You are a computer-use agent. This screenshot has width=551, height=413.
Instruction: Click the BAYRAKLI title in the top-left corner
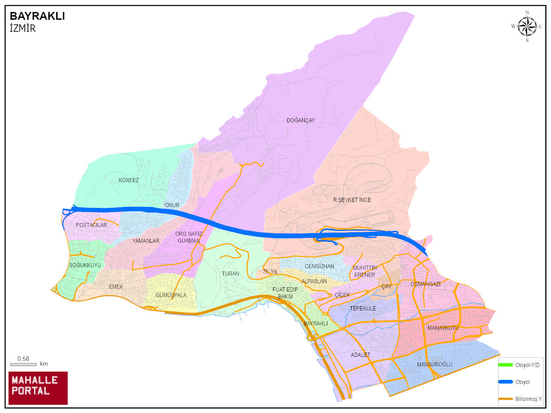[37, 17]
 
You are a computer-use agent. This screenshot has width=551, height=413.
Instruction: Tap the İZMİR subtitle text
[23, 28]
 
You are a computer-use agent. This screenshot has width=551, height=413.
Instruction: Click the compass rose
[527, 26]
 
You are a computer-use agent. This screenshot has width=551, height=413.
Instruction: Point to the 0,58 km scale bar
[23, 364]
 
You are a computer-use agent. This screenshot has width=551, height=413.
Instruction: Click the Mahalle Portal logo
[38, 388]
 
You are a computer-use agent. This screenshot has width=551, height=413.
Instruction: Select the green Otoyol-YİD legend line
[506, 365]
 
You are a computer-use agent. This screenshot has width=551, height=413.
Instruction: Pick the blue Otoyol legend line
[506, 382]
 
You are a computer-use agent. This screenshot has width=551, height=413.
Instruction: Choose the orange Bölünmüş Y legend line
[506, 398]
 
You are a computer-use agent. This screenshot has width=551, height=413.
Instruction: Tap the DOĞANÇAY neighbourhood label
[301, 120]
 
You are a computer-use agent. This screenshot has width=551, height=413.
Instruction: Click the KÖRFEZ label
[128, 180]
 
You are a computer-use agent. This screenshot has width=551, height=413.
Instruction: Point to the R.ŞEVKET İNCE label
[352, 200]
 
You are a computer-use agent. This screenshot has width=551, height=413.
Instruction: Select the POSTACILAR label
[91, 225]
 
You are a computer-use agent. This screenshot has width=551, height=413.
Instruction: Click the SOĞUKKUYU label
[85, 265]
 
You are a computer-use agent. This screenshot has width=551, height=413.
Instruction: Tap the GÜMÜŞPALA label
[171, 295]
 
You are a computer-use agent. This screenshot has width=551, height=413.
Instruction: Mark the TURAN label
[231, 274]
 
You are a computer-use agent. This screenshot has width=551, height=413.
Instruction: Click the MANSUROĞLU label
[435, 365]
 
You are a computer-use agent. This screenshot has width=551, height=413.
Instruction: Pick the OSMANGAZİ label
[425, 284]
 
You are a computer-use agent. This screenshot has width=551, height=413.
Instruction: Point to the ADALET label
[360, 355]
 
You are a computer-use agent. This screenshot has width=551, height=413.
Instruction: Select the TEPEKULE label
[363, 309]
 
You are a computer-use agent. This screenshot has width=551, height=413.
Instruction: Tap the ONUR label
[172, 205]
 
